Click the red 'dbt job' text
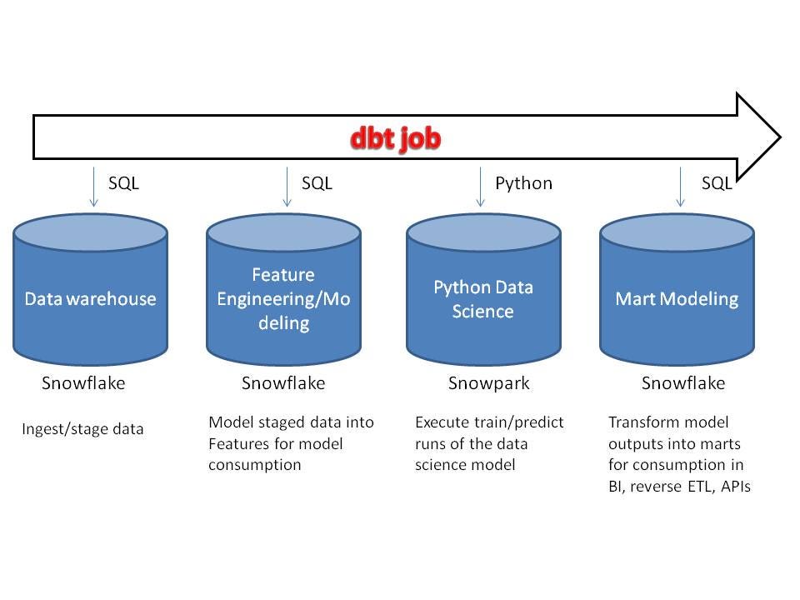coord(395,138)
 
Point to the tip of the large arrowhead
coord(779,137)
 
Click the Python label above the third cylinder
coord(523,183)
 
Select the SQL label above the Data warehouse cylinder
coord(123,183)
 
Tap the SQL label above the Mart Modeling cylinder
coord(716,183)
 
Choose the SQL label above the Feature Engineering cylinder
coord(317,183)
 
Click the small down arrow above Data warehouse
coord(93,187)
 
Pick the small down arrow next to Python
coord(481,187)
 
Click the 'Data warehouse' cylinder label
coord(90,299)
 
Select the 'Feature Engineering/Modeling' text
coord(283,298)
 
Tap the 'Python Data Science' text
coord(483,299)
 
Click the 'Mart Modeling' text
coord(677,299)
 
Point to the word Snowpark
coord(488,383)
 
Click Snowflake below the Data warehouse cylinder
coord(83,383)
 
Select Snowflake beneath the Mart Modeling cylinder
coord(683,383)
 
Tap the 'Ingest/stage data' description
coord(82,430)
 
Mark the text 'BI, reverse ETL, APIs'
coord(680,487)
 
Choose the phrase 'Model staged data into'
coord(291,422)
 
